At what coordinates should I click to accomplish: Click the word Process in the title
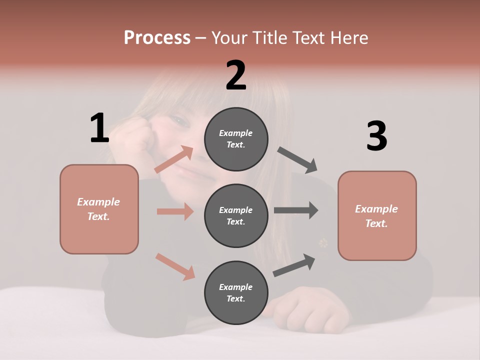[157, 38]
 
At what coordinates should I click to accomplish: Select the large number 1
[99, 128]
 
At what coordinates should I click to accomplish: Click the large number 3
[376, 136]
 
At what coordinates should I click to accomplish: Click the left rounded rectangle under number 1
[99, 209]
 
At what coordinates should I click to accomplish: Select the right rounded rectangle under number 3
[377, 216]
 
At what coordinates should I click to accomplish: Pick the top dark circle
[236, 139]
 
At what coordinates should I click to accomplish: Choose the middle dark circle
[236, 215]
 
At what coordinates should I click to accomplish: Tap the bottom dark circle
[236, 292]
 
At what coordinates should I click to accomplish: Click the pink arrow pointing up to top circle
[174, 159]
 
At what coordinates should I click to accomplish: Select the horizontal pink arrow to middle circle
[175, 211]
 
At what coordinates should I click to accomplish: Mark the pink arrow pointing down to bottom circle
[175, 266]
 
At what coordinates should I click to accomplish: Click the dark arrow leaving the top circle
[297, 160]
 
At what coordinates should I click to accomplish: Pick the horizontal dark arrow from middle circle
[296, 210]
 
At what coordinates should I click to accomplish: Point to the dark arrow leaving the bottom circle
[294, 265]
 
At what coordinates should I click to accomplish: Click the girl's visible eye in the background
[178, 120]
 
